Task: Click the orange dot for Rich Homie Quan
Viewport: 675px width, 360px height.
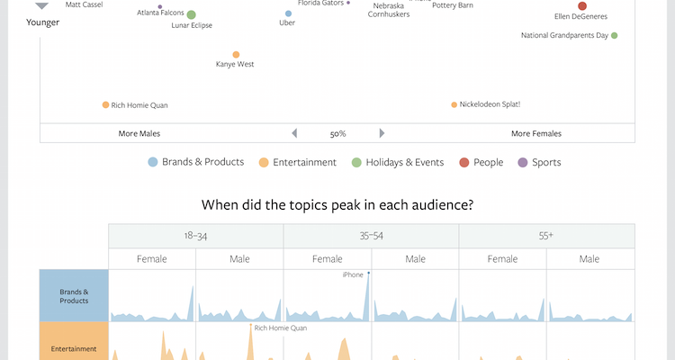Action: coord(105,105)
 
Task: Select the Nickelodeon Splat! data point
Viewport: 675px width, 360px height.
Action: coord(454,104)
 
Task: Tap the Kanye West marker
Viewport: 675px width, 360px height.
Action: coord(236,55)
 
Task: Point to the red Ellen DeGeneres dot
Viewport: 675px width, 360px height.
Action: coord(581,6)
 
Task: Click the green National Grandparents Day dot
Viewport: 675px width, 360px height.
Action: coord(615,36)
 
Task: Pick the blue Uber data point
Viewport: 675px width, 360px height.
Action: coord(288,14)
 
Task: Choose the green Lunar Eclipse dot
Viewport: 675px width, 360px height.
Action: coord(192,14)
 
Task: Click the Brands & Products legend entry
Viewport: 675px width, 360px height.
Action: coord(196,162)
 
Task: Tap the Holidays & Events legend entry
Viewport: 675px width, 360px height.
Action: coord(397,163)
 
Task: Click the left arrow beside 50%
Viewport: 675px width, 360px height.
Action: coord(292,133)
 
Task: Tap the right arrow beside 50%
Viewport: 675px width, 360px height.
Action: coord(382,133)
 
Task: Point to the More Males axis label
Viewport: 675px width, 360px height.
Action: coord(139,133)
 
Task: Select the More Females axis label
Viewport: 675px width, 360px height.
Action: coord(535,133)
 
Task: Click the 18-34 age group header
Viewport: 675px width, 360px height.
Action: coord(195,236)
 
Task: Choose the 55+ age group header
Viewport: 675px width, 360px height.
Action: coord(546,236)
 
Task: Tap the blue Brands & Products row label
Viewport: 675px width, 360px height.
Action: coord(74,296)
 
